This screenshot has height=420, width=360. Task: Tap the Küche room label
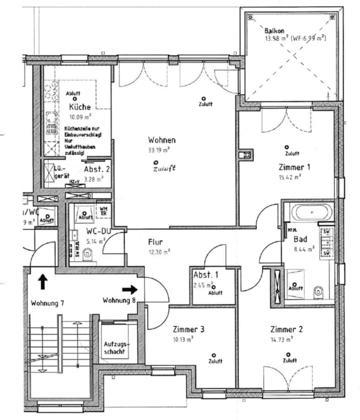pyautogui.click(x=80, y=107)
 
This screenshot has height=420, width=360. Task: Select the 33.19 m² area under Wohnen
pyautogui.click(x=159, y=150)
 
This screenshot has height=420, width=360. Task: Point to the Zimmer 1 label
pyautogui.click(x=294, y=167)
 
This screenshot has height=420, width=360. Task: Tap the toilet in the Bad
pyautogui.click(x=319, y=291)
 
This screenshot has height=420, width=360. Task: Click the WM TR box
pyautogui.click(x=104, y=211)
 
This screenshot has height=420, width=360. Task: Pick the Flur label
pyautogui.click(x=156, y=242)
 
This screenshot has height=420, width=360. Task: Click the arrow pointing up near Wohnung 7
pyautogui.click(x=43, y=280)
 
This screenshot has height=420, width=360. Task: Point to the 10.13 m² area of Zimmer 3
pyautogui.click(x=183, y=339)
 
